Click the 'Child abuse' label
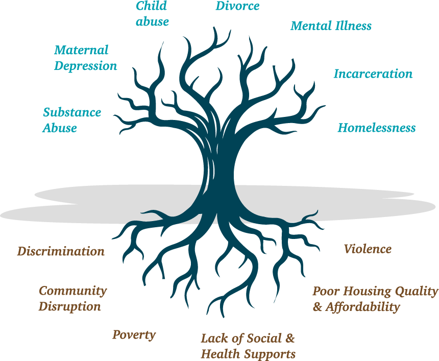(x=152, y=14)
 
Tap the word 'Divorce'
(x=237, y=6)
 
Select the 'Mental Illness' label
(x=331, y=26)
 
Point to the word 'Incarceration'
(x=373, y=74)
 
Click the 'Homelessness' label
(x=377, y=128)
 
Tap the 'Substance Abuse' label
(x=71, y=120)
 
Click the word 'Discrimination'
(x=61, y=251)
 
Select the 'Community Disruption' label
(x=72, y=299)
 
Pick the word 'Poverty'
(x=134, y=335)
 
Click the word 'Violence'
(x=368, y=249)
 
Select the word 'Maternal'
(x=81, y=51)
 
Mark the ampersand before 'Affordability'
(x=317, y=307)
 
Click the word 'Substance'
(x=72, y=113)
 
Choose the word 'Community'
(x=73, y=291)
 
